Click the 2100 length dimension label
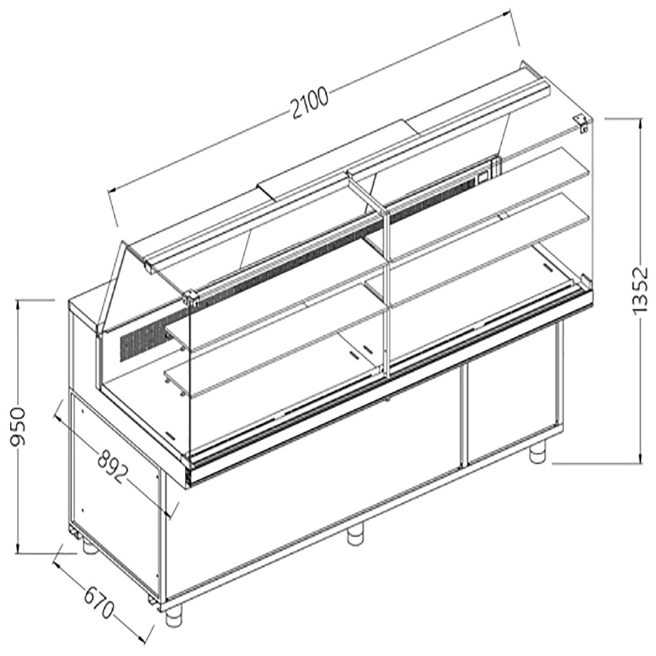click(x=309, y=102)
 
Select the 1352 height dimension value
click(x=642, y=291)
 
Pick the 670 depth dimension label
click(x=98, y=597)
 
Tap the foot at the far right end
click(x=538, y=453)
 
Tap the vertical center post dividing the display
click(x=386, y=289)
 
